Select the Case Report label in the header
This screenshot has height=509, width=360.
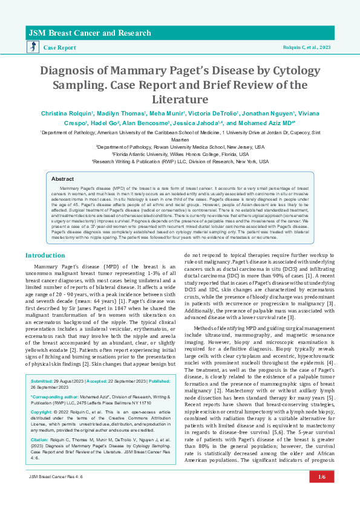(60, 47)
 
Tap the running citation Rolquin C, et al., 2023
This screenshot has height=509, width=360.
(308, 47)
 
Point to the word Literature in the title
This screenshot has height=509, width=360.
(179, 99)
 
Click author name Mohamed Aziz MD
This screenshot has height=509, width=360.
(267, 122)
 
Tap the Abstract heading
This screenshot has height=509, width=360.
(62, 179)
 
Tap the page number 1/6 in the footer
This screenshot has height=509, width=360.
(321, 494)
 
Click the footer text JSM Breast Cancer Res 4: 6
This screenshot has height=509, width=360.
(55, 494)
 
